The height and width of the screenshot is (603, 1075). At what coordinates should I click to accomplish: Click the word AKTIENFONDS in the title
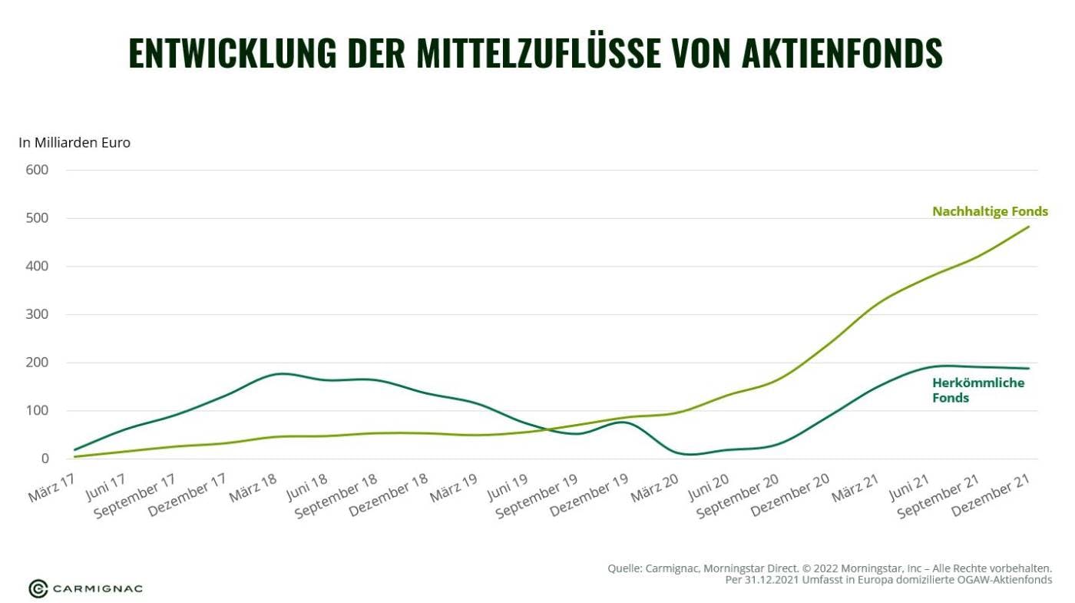tap(842, 53)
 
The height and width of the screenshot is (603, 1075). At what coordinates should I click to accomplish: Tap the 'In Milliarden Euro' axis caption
tap(74, 143)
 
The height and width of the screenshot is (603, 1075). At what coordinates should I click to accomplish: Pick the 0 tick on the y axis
tap(45, 459)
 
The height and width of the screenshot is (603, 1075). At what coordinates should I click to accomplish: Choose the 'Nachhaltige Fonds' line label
tap(990, 211)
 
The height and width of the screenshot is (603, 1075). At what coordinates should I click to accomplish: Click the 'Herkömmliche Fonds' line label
tap(977, 390)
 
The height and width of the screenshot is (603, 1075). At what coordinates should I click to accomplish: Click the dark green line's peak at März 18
tap(282, 373)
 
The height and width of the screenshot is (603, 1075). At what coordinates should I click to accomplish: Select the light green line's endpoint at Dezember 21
tap(1029, 227)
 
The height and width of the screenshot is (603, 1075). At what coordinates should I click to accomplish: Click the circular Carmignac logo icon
tap(38, 588)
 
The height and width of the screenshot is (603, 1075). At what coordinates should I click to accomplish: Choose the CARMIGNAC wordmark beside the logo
tap(98, 589)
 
